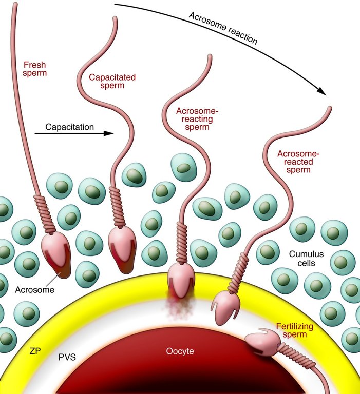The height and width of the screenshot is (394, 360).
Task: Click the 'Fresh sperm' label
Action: click(x=34, y=69)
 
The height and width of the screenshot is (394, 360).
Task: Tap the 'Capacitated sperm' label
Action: click(x=112, y=82)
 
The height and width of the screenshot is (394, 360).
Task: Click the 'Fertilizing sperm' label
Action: click(x=295, y=330)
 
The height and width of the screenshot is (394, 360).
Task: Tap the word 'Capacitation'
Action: click(x=69, y=127)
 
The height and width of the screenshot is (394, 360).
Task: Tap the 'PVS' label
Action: click(x=67, y=355)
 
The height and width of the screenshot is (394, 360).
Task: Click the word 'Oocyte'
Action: click(x=180, y=351)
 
